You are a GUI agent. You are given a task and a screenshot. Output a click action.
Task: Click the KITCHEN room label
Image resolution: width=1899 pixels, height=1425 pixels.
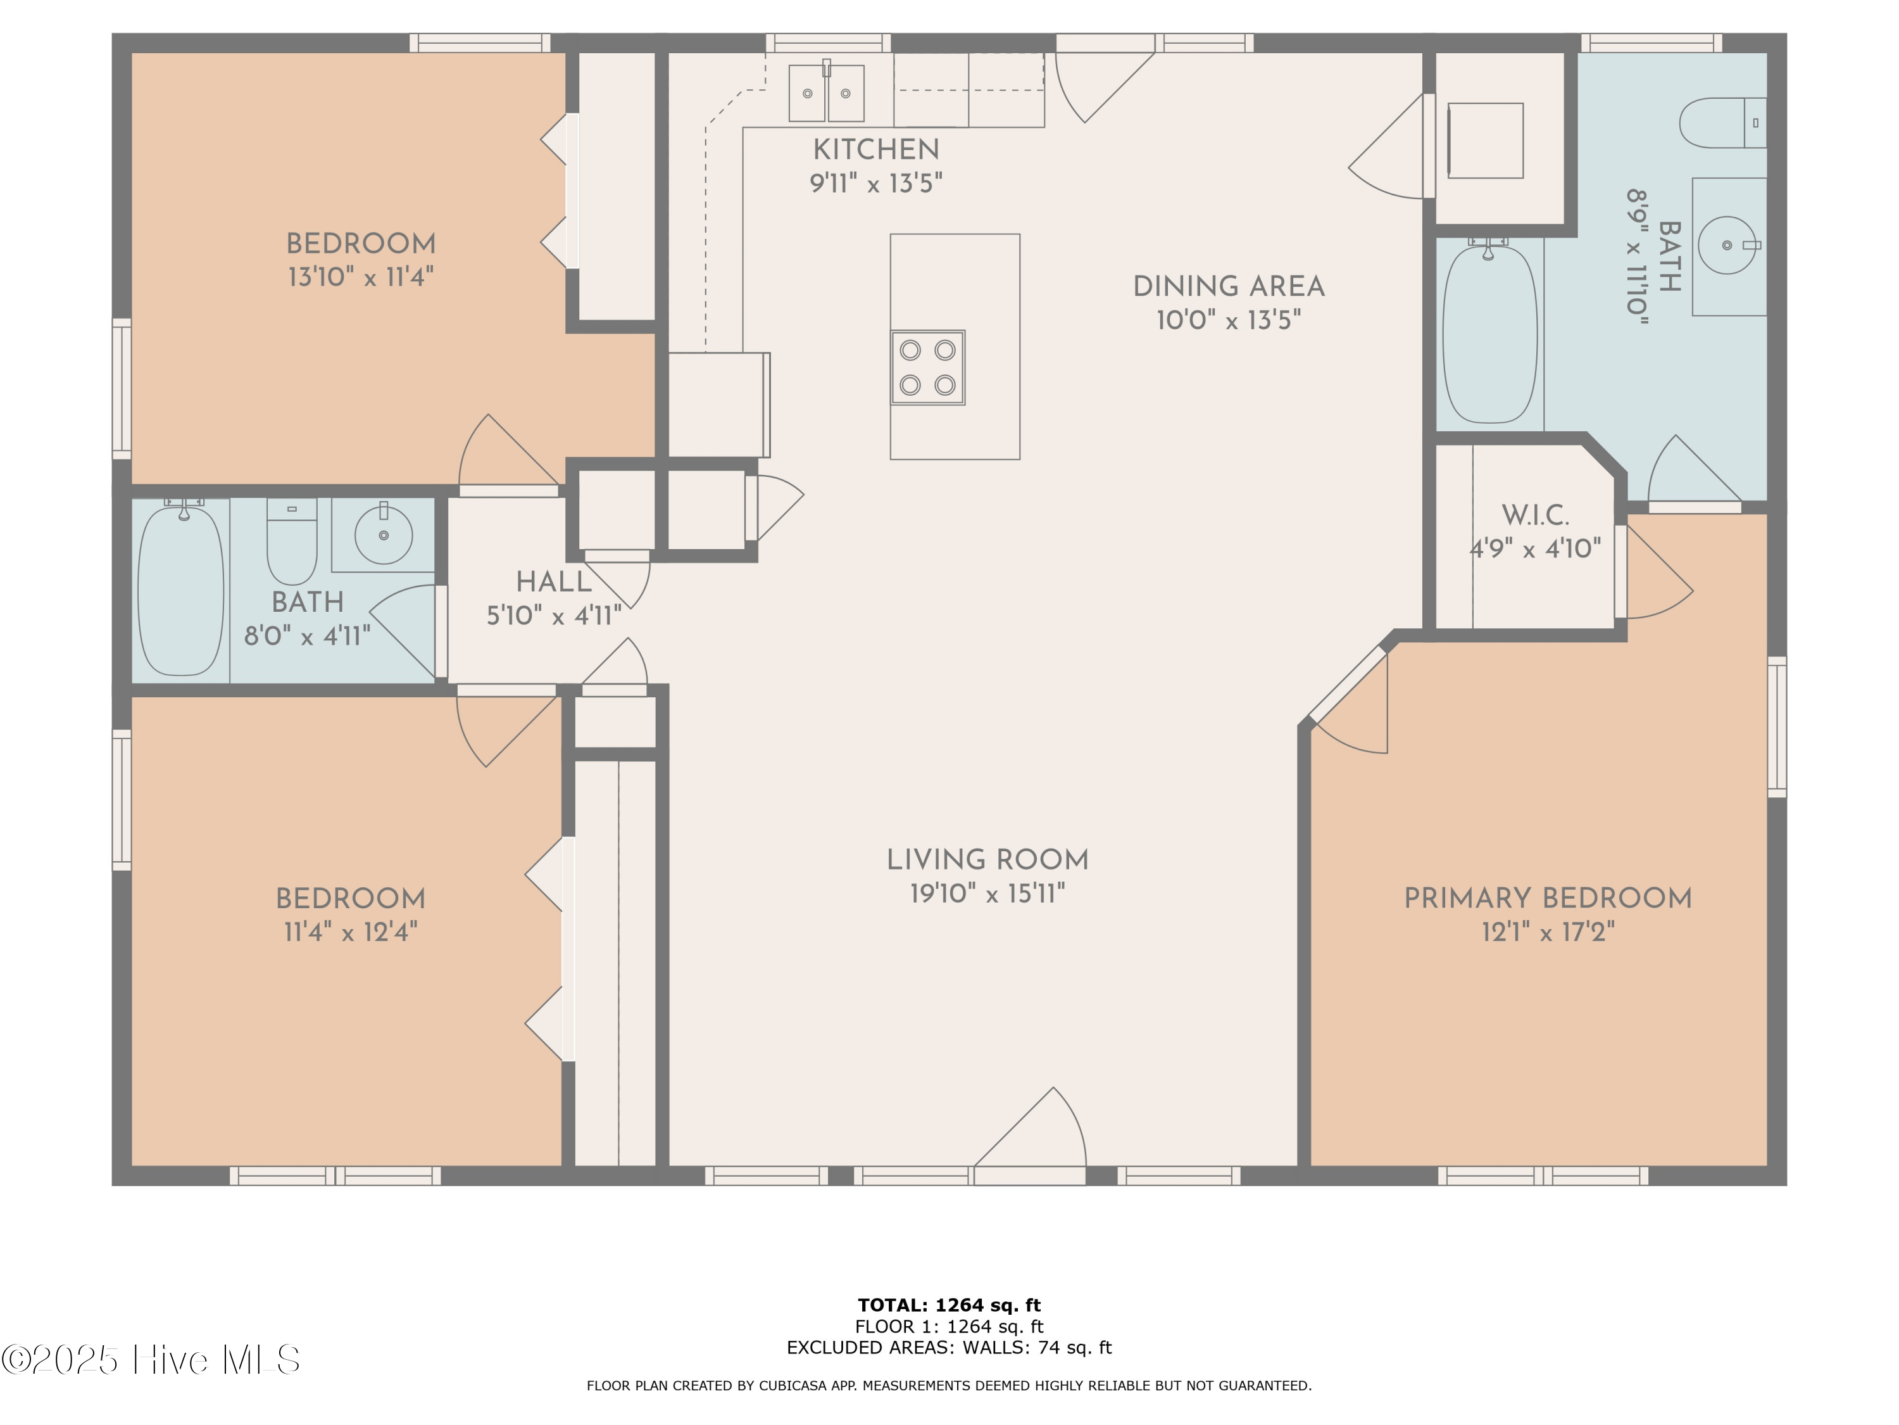coord(875,150)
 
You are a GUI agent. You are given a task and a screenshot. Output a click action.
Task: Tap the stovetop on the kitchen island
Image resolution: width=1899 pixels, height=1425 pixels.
coord(927,367)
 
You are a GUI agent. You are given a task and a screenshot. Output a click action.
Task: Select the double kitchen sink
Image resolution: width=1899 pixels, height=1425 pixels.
coord(827,92)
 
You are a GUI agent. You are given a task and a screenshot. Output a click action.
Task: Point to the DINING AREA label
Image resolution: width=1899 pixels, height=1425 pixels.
coord(1229,287)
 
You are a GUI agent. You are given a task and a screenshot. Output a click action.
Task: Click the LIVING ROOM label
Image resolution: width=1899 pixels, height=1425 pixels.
coord(987,860)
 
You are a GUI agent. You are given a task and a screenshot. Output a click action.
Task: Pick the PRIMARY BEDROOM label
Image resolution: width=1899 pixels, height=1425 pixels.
coord(1548,899)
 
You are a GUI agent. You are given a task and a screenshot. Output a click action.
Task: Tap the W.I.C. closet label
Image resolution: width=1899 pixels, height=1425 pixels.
coord(1535,516)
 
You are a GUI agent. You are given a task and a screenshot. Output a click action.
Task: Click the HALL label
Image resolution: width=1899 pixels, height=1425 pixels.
coord(554,583)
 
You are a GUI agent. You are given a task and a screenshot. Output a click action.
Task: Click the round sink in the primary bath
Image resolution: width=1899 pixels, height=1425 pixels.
coord(1727,246)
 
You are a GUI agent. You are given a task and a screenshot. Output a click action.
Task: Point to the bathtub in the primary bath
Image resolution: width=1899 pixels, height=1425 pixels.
coord(1489,333)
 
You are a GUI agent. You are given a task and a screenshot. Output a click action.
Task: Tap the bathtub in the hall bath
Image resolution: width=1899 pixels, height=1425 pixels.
coord(181,590)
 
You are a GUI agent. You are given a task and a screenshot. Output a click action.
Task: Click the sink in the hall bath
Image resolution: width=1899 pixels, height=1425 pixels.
coord(383,535)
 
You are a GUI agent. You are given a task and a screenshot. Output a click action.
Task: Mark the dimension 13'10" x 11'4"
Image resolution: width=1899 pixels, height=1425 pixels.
coord(361,277)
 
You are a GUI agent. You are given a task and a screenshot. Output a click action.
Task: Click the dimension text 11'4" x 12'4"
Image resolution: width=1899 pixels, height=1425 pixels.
coord(350,932)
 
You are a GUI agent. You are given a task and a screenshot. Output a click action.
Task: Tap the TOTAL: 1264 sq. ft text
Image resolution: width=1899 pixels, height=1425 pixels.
coord(949,1305)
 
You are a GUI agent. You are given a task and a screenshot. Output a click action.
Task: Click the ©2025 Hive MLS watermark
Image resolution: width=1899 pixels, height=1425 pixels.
coord(151,1360)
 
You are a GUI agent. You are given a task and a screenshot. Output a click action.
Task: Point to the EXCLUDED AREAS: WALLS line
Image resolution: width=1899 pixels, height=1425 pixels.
coord(949,1348)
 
